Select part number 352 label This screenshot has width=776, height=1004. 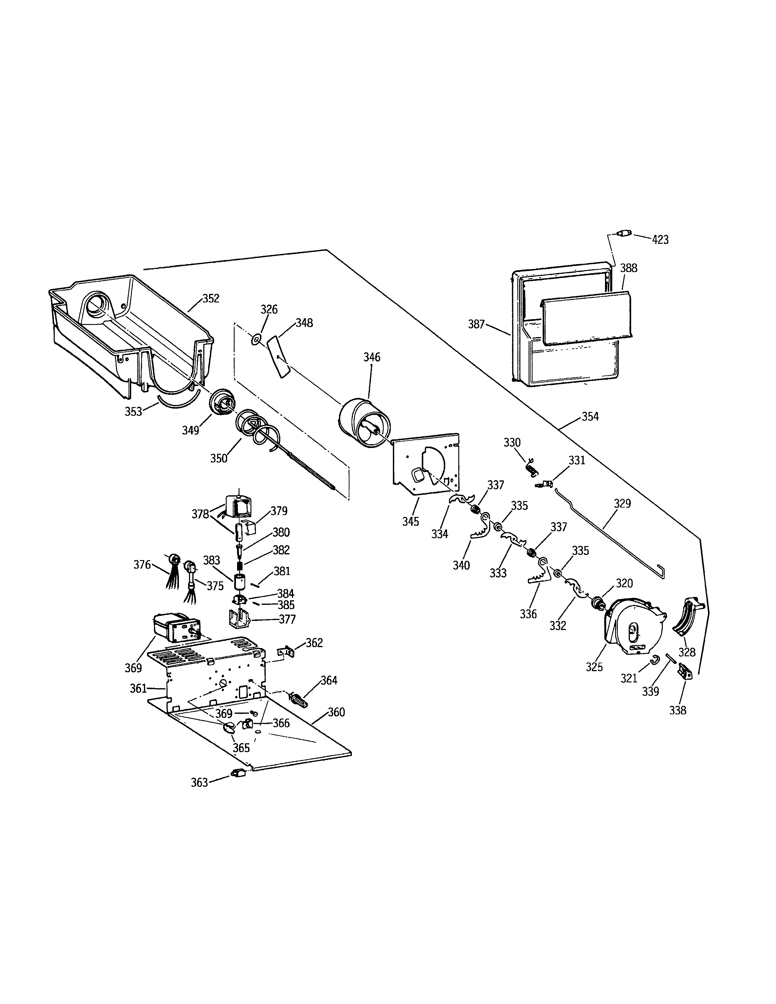click(x=211, y=298)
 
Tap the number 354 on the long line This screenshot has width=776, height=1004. click(x=590, y=417)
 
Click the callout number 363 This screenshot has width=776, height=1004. click(x=200, y=783)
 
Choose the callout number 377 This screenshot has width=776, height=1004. click(x=287, y=619)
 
